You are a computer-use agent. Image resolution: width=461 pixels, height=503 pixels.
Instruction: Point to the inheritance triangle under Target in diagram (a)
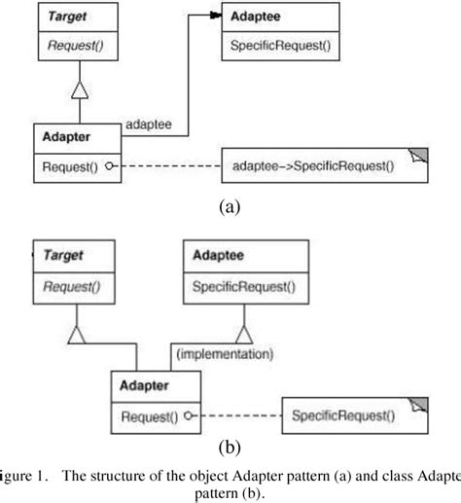pos(81,92)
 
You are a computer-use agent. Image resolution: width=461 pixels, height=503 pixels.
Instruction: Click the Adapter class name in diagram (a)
pos(62,137)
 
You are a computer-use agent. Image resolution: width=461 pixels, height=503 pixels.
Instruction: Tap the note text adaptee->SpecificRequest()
pos(313,166)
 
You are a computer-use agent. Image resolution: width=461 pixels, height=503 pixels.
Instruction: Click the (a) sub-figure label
pos(230,206)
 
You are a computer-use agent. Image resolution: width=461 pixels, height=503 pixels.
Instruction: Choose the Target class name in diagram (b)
pos(60,255)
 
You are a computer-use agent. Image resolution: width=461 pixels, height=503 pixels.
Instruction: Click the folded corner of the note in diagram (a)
pos(419,156)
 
